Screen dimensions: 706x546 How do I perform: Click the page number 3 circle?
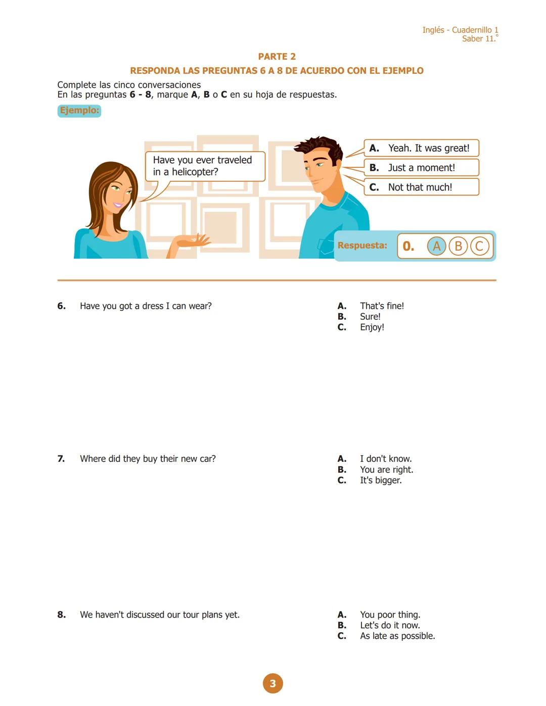click(272, 683)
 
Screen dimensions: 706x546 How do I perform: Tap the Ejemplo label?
click(79, 111)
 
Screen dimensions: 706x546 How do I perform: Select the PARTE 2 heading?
click(277, 57)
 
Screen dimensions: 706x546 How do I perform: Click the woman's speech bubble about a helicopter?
click(205, 166)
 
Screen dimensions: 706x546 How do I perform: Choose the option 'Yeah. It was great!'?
click(421, 148)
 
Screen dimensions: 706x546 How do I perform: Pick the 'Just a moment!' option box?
click(421, 168)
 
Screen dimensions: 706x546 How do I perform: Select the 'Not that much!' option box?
click(421, 187)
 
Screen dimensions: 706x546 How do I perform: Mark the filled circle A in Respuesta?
click(437, 246)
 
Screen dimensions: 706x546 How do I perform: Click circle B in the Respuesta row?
click(458, 246)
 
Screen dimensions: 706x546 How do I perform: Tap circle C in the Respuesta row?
click(479, 246)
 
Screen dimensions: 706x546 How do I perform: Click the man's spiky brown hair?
click(318, 146)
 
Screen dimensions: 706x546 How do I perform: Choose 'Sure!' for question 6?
click(370, 317)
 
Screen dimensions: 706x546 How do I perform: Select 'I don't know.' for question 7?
click(385, 459)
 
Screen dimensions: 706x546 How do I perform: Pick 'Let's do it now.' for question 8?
click(389, 626)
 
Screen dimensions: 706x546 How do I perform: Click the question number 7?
click(61, 459)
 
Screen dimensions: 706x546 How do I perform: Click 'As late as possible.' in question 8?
click(397, 636)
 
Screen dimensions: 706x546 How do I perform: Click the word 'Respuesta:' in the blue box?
click(362, 246)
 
